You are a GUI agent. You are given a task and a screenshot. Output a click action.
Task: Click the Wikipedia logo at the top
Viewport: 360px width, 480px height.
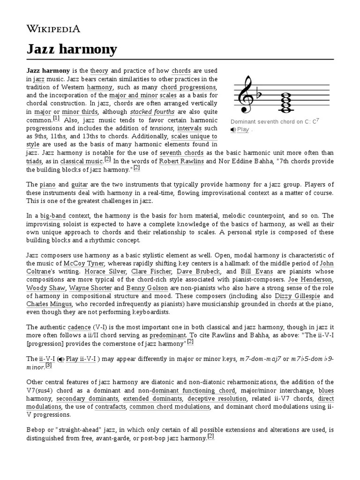pyautogui.click(x=53, y=29)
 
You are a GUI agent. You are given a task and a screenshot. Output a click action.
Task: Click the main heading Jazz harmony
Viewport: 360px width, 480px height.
pyautogui.click(x=72, y=50)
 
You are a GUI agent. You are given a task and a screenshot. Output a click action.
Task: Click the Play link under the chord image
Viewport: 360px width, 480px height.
pyautogui.click(x=243, y=129)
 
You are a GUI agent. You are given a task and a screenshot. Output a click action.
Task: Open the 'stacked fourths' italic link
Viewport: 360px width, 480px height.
pyautogui.click(x=152, y=112)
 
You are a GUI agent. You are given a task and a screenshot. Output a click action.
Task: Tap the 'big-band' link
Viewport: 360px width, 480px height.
pyautogui.click(x=53, y=216)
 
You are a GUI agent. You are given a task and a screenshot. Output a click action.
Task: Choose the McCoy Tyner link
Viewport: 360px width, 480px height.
pyautogui.click(x=81, y=263)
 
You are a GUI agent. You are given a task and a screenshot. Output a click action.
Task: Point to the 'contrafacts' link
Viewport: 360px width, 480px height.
pyautogui.click(x=110, y=406)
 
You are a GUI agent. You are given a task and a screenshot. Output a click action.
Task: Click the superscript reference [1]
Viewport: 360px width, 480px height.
pyautogui.click(x=56, y=118)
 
